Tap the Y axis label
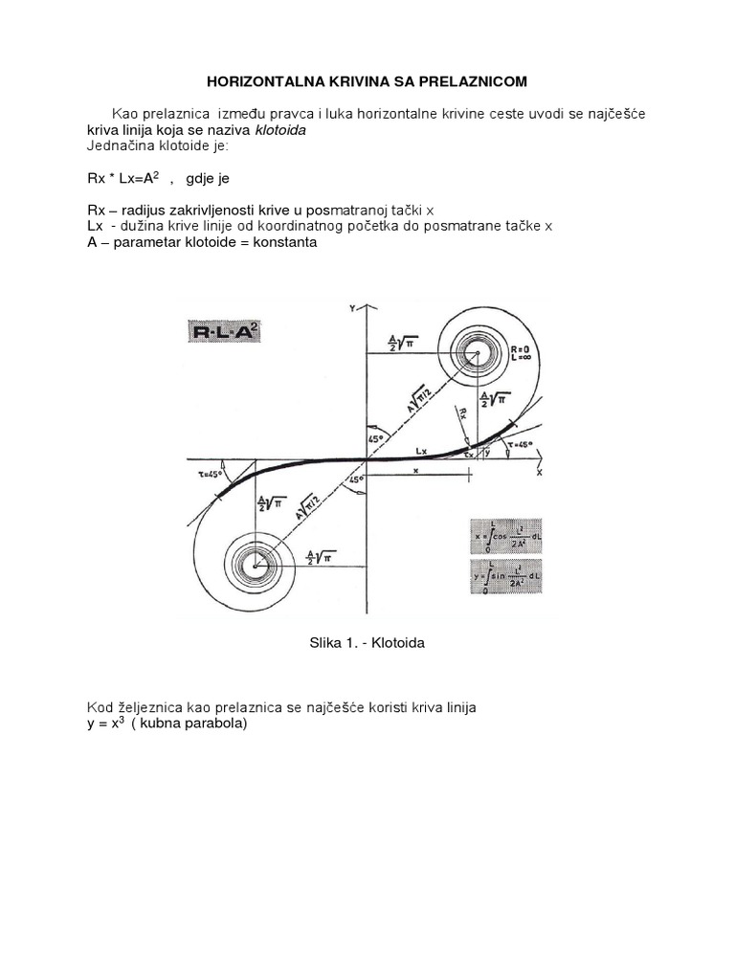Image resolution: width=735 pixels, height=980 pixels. coord(353,308)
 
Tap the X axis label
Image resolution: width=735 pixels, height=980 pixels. coord(540,473)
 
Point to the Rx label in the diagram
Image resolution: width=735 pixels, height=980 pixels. coord(463,412)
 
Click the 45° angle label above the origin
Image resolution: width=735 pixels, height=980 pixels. coord(374,439)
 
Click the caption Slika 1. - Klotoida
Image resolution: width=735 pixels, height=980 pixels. coord(367,643)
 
